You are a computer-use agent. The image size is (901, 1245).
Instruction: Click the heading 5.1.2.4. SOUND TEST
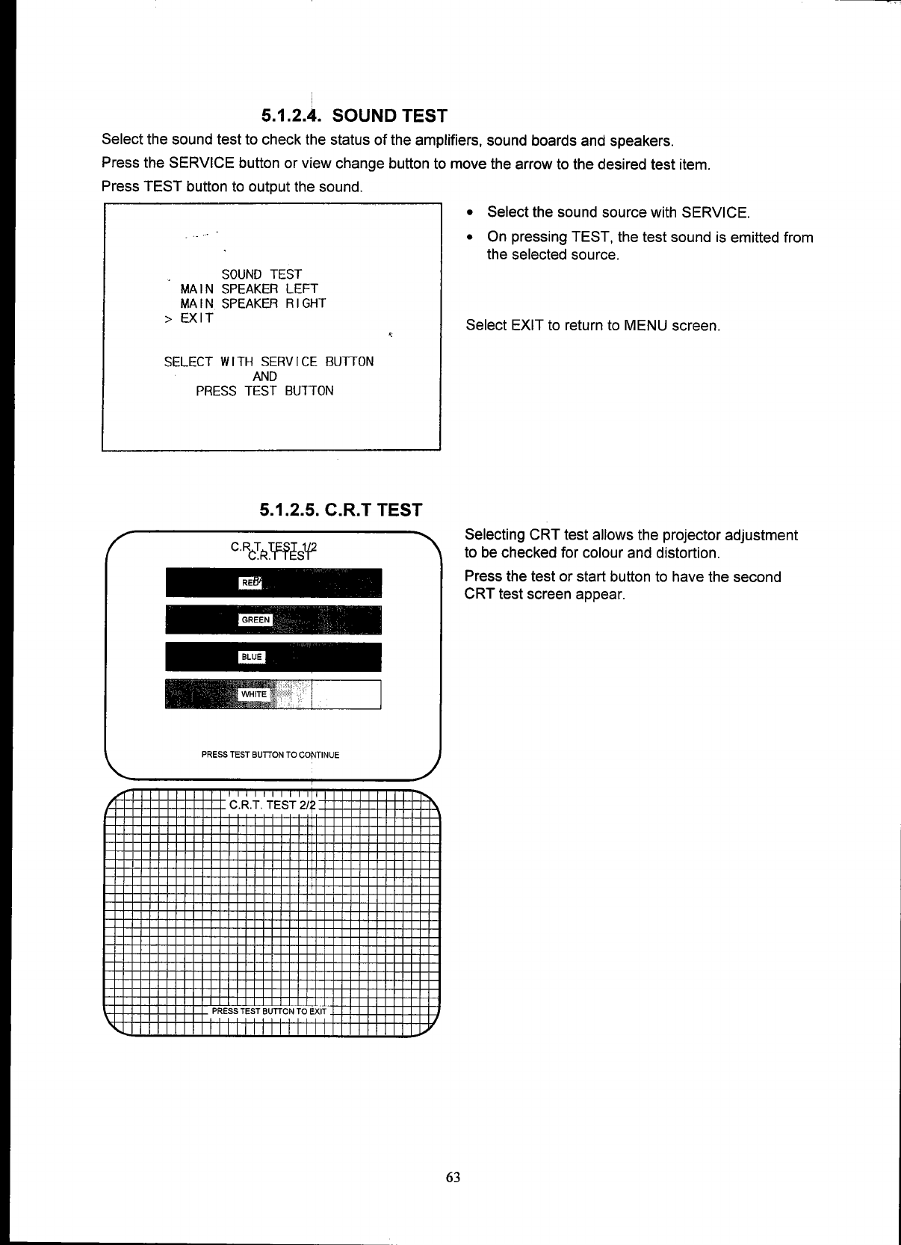[354, 116]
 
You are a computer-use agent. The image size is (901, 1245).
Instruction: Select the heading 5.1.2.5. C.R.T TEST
[341, 510]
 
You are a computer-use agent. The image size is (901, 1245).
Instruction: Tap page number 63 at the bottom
[453, 1177]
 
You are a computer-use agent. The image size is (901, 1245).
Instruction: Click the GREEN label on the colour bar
[256, 620]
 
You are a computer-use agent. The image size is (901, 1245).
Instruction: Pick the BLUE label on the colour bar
[251, 657]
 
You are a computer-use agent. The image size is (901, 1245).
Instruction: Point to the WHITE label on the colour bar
[253, 694]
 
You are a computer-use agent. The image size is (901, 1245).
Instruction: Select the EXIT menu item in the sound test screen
[196, 318]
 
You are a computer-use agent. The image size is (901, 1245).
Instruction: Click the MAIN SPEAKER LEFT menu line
[249, 289]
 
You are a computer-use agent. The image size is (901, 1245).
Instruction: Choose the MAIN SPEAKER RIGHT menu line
[253, 303]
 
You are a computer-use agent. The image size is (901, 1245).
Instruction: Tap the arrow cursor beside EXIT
[167, 319]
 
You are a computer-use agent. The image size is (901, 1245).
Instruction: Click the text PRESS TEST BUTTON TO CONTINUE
[270, 755]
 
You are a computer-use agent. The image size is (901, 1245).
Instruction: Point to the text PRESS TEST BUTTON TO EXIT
[269, 1011]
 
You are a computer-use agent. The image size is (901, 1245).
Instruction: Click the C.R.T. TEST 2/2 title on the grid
[273, 805]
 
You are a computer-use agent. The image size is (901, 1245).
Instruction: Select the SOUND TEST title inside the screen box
[261, 274]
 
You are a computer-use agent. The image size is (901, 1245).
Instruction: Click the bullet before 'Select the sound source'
[469, 213]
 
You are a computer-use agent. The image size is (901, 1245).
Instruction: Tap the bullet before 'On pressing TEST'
[469, 238]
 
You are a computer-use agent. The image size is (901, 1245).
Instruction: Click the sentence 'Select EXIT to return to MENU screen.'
[592, 326]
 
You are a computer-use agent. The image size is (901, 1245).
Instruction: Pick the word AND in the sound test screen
[264, 377]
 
